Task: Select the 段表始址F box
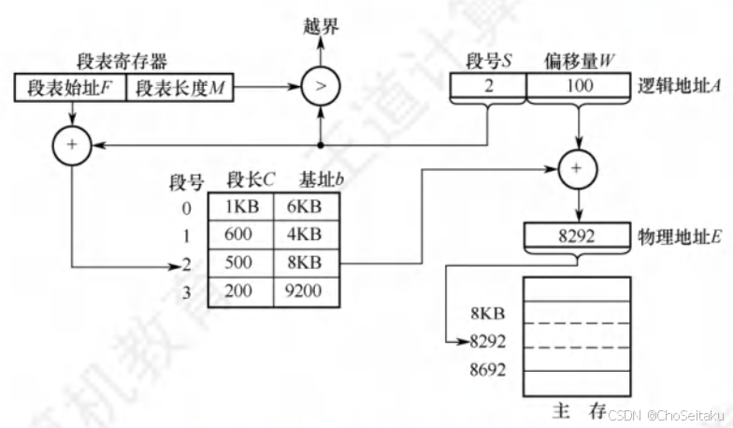tap(71, 89)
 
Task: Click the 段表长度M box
tap(182, 89)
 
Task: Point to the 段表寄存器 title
tap(123, 63)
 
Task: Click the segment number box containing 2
tap(488, 86)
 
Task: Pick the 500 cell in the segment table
tap(240, 264)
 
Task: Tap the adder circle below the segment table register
tap(72, 146)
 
